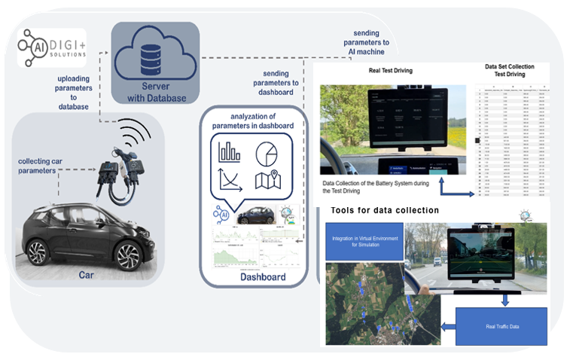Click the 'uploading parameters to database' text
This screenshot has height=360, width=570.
[x=76, y=92]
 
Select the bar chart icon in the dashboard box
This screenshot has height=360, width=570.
[x=227, y=151]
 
